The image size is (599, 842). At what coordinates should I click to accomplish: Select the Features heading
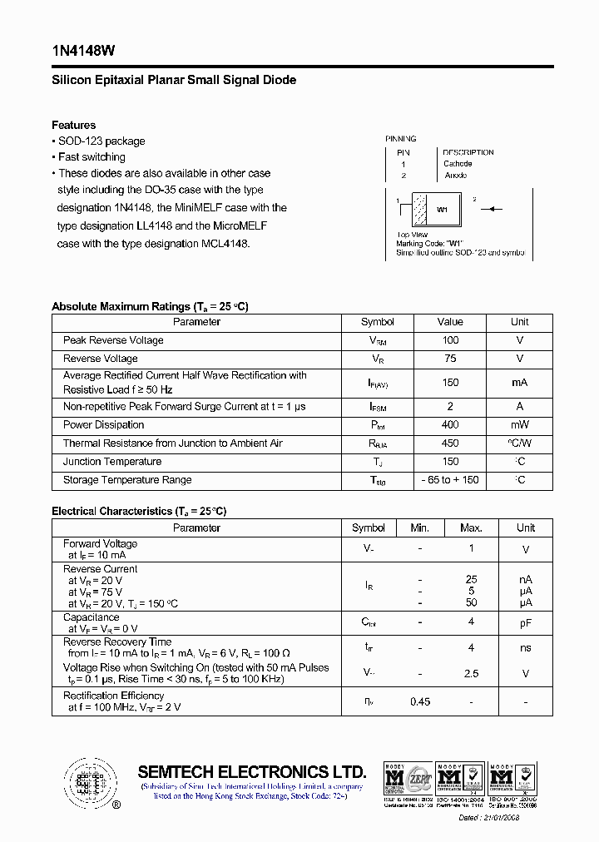(x=73, y=125)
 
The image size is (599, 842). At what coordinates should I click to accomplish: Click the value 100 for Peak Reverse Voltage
(x=450, y=340)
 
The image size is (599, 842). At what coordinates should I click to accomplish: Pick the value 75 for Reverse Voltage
(x=450, y=359)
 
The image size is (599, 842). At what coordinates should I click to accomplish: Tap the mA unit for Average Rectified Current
(x=519, y=383)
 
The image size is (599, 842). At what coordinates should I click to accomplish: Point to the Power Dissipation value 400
(x=450, y=425)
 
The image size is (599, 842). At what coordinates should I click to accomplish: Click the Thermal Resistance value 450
(x=450, y=443)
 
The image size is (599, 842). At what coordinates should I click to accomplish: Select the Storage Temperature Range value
(x=450, y=480)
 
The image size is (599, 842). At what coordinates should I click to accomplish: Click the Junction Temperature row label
(x=112, y=462)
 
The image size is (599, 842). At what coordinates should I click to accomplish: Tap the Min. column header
(x=420, y=528)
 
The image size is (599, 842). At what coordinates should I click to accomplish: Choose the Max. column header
(x=471, y=528)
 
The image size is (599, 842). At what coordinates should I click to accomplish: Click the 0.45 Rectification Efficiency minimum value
(x=420, y=701)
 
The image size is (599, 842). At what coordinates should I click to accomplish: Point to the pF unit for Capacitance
(x=525, y=622)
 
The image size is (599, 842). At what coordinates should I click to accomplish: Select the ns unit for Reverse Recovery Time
(x=525, y=648)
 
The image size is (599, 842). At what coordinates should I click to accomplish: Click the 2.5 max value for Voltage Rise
(x=471, y=674)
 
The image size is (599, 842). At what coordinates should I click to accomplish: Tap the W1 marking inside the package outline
(x=442, y=210)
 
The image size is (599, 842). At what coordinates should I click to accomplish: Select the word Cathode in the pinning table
(x=458, y=164)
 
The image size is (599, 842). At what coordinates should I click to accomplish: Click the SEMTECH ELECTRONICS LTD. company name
(x=251, y=771)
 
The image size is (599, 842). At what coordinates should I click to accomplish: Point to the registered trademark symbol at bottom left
(x=116, y=805)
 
